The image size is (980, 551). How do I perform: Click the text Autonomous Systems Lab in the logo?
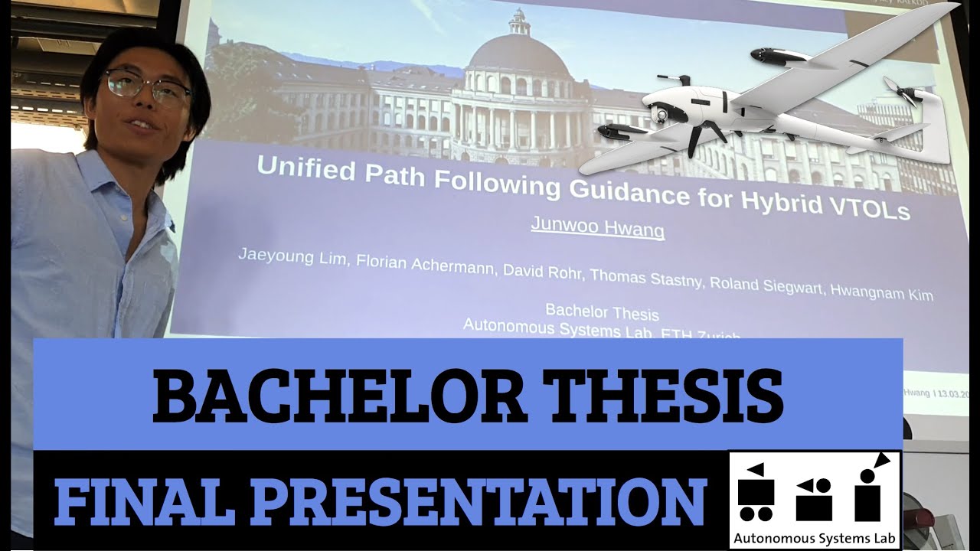point(814,538)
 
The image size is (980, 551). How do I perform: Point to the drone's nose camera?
point(659,116)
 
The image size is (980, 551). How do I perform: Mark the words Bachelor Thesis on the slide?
point(602,312)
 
